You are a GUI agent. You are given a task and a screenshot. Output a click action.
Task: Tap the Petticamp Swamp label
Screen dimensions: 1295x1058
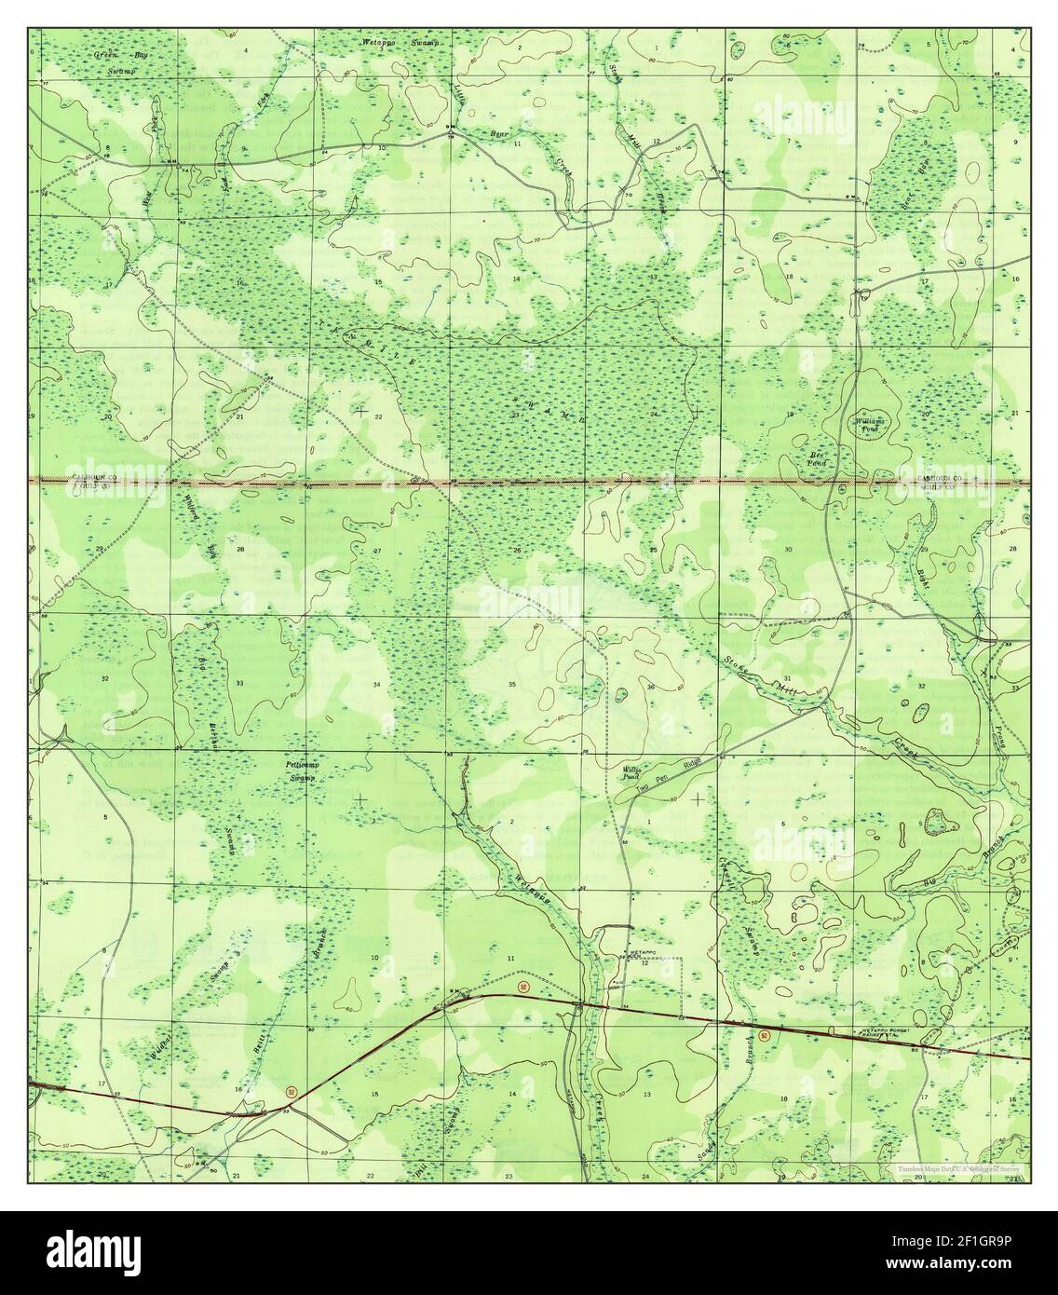point(301,770)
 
